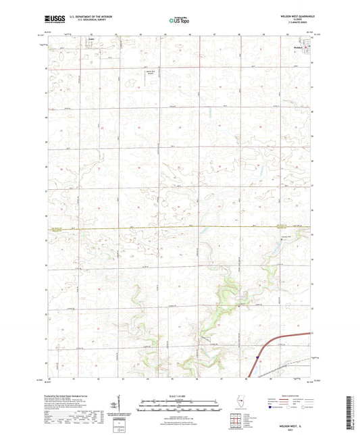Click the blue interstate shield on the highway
coord(257,351)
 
